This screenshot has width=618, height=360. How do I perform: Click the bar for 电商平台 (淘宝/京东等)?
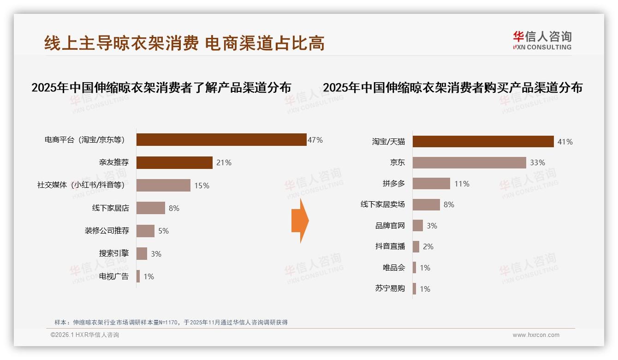pos(221,139)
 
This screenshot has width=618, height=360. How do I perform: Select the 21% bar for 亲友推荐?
pos(174,162)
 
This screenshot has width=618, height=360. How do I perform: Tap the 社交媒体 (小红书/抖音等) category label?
pos(81,186)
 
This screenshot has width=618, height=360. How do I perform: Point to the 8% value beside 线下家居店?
pos(174,208)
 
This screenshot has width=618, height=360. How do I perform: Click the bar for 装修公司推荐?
pos(145,231)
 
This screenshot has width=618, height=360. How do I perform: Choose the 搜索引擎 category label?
pos(114,253)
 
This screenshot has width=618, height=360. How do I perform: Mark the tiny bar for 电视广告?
pos(138,276)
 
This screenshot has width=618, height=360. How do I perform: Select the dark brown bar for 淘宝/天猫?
pos(483,142)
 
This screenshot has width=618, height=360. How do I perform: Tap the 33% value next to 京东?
pos(537,162)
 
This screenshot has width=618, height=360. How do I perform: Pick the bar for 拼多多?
pos(431,184)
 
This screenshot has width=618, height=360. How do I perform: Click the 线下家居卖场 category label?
pos(383,204)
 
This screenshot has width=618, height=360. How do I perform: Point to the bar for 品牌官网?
pos(418,226)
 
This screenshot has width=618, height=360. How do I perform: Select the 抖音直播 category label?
pos(390,246)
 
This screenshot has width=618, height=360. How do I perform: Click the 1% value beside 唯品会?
pos(425,268)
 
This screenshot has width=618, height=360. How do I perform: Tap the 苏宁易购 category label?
pos(390,289)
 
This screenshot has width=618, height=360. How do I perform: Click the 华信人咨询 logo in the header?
pos(542,41)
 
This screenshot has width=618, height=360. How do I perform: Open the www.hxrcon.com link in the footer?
pos(536,335)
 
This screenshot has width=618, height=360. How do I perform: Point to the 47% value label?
pos(315,140)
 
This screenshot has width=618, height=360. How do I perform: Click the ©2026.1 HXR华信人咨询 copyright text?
pos(85,335)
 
